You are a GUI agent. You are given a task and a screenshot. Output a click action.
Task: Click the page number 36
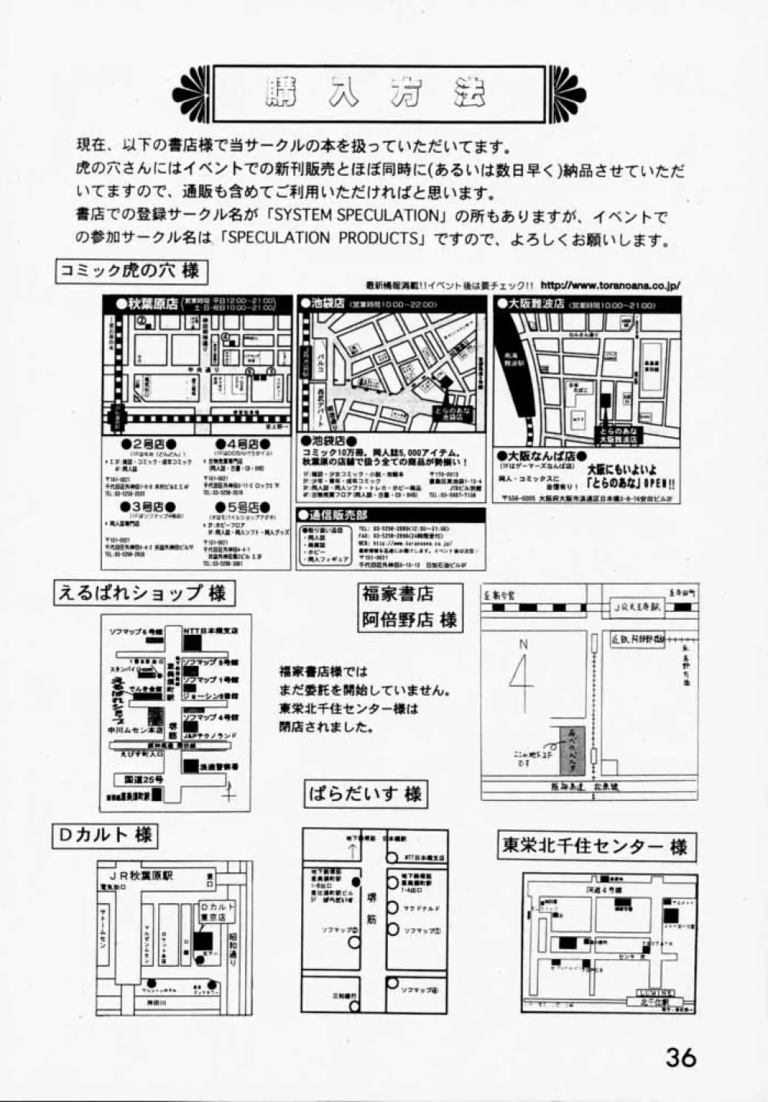680,1057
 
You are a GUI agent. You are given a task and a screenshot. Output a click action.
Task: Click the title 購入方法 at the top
376,94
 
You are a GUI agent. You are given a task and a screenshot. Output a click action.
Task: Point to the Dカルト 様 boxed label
104,835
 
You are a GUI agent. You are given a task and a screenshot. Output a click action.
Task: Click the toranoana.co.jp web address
611,286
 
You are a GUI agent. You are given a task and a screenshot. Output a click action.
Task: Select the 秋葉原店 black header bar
197,304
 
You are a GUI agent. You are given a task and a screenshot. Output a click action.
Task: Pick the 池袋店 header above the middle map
392,304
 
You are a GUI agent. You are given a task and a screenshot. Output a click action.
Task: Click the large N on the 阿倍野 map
523,644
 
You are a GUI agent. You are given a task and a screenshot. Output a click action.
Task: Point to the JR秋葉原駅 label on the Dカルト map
141,875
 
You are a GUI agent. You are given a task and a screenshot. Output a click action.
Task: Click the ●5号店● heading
243,508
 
